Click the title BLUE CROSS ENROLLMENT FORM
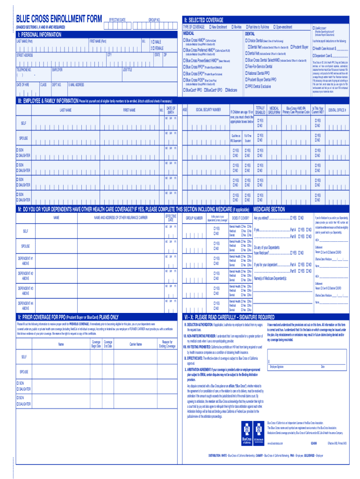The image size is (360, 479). (58, 19)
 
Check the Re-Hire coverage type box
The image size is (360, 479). (231, 27)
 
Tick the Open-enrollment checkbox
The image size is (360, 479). (275, 27)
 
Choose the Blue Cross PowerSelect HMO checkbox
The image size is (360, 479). (184, 61)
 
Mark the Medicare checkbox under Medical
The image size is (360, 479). (226, 89)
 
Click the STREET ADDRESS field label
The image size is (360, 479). (25, 55)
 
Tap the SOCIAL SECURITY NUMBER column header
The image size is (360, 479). (209, 109)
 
